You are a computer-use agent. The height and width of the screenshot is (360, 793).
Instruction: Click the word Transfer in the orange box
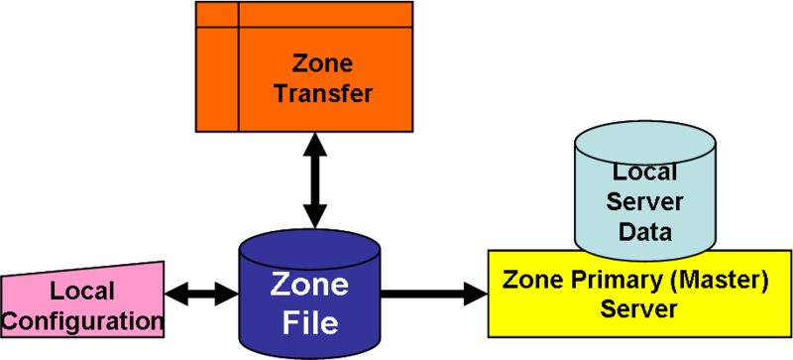[x=323, y=95]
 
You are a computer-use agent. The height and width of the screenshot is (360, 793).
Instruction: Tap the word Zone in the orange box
[x=323, y=64]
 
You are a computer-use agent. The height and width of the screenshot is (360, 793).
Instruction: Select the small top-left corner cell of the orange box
[x=217, y=14]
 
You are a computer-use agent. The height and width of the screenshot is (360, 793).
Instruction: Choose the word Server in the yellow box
[x=638, y=308]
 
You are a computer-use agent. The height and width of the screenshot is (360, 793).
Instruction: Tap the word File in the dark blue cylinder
[x=310, y=323]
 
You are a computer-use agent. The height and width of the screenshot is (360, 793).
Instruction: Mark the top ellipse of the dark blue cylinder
[x=310, y=246]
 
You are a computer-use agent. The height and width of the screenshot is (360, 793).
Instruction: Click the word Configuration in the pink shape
[x=83, y=320]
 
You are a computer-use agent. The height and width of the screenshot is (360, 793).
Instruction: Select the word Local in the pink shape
[x=82, y=293]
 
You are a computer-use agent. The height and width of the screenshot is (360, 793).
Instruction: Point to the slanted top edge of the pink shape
[x=83, y=271]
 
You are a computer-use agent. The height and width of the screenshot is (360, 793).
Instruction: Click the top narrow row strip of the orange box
[x=325, y=14]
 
